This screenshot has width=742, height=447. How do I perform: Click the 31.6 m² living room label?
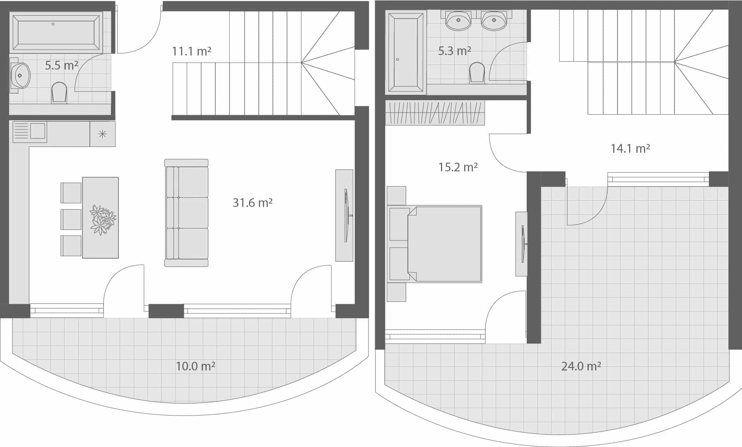tap(252, 202)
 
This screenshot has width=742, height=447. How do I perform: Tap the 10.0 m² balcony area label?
tap(195, 366)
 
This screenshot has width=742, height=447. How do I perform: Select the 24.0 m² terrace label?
tap(581, 366)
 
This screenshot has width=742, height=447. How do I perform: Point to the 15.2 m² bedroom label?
tap(458, 167)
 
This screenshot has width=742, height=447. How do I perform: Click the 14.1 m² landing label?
tap(630, 148)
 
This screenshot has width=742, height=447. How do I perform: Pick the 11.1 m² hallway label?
tap(191, 51)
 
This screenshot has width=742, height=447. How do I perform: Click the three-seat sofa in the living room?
tap(186, 213)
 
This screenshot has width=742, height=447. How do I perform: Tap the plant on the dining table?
tap(103, 219)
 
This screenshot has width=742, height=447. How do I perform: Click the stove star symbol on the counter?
tap(102, 134)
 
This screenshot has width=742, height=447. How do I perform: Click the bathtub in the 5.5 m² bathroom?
tap(56, 32)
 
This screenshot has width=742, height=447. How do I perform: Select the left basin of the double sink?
tap(458, 20)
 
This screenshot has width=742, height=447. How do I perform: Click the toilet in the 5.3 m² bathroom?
tap(477, 73)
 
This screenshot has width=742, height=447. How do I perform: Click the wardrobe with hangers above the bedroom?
tap(435, 113)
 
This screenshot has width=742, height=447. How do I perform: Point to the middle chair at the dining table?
tap(71, 219)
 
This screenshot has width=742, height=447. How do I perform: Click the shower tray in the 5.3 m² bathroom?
tap(405, 52)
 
